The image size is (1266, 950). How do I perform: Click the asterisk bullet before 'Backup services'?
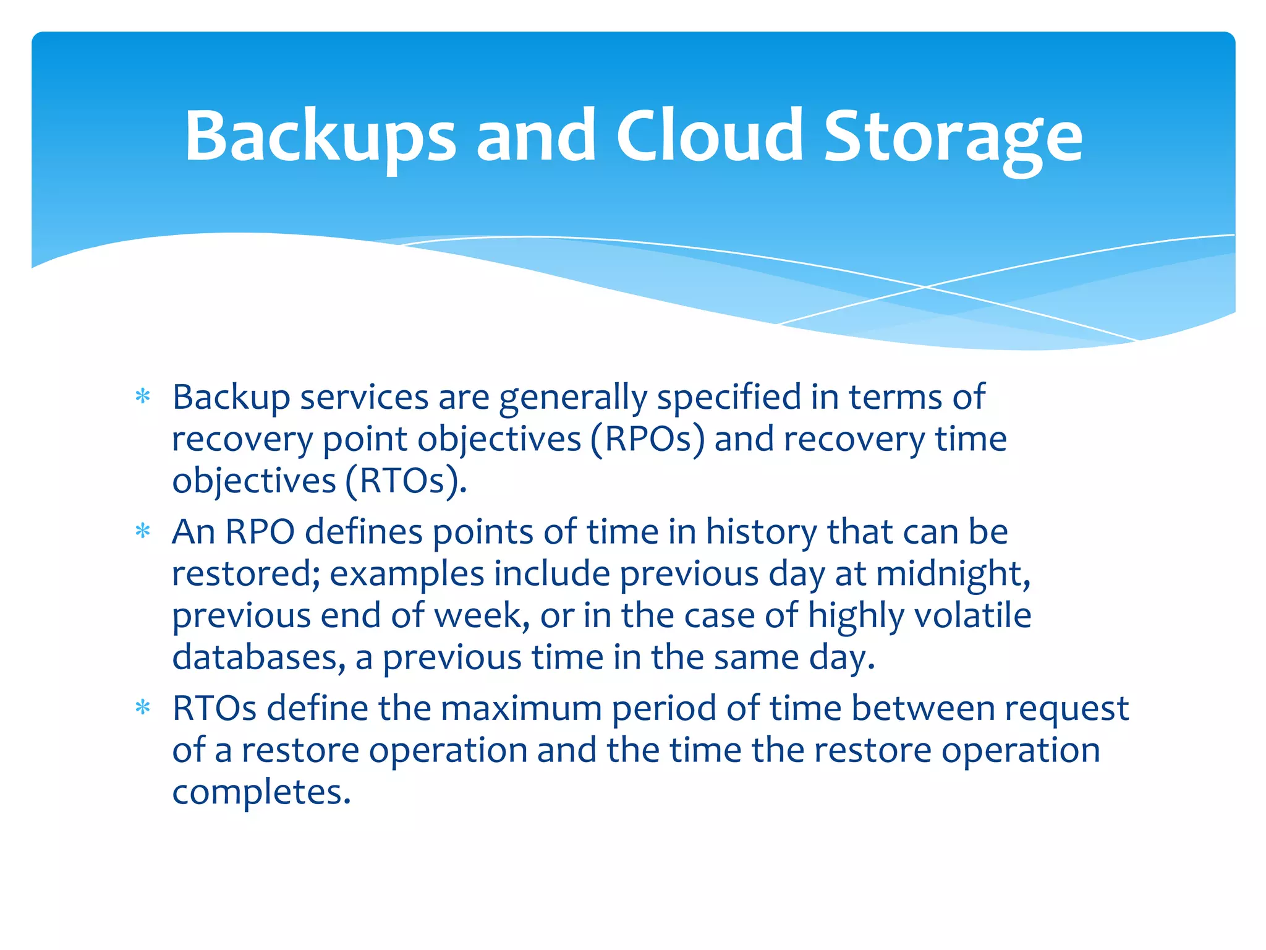tap(143, 396)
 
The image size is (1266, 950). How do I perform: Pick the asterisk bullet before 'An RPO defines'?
tap(143, 531)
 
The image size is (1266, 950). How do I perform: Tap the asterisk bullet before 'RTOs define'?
tap(143, 708)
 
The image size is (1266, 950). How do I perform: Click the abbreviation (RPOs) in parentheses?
tap(647, 440)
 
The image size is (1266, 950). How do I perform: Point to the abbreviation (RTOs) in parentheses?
tap(406, 481)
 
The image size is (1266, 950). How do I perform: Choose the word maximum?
tap(521, 708)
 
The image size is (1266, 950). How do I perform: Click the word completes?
tap(261, 792)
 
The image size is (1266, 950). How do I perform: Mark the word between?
tap(922, 708)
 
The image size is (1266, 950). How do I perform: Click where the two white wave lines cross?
tap(925, 287)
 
